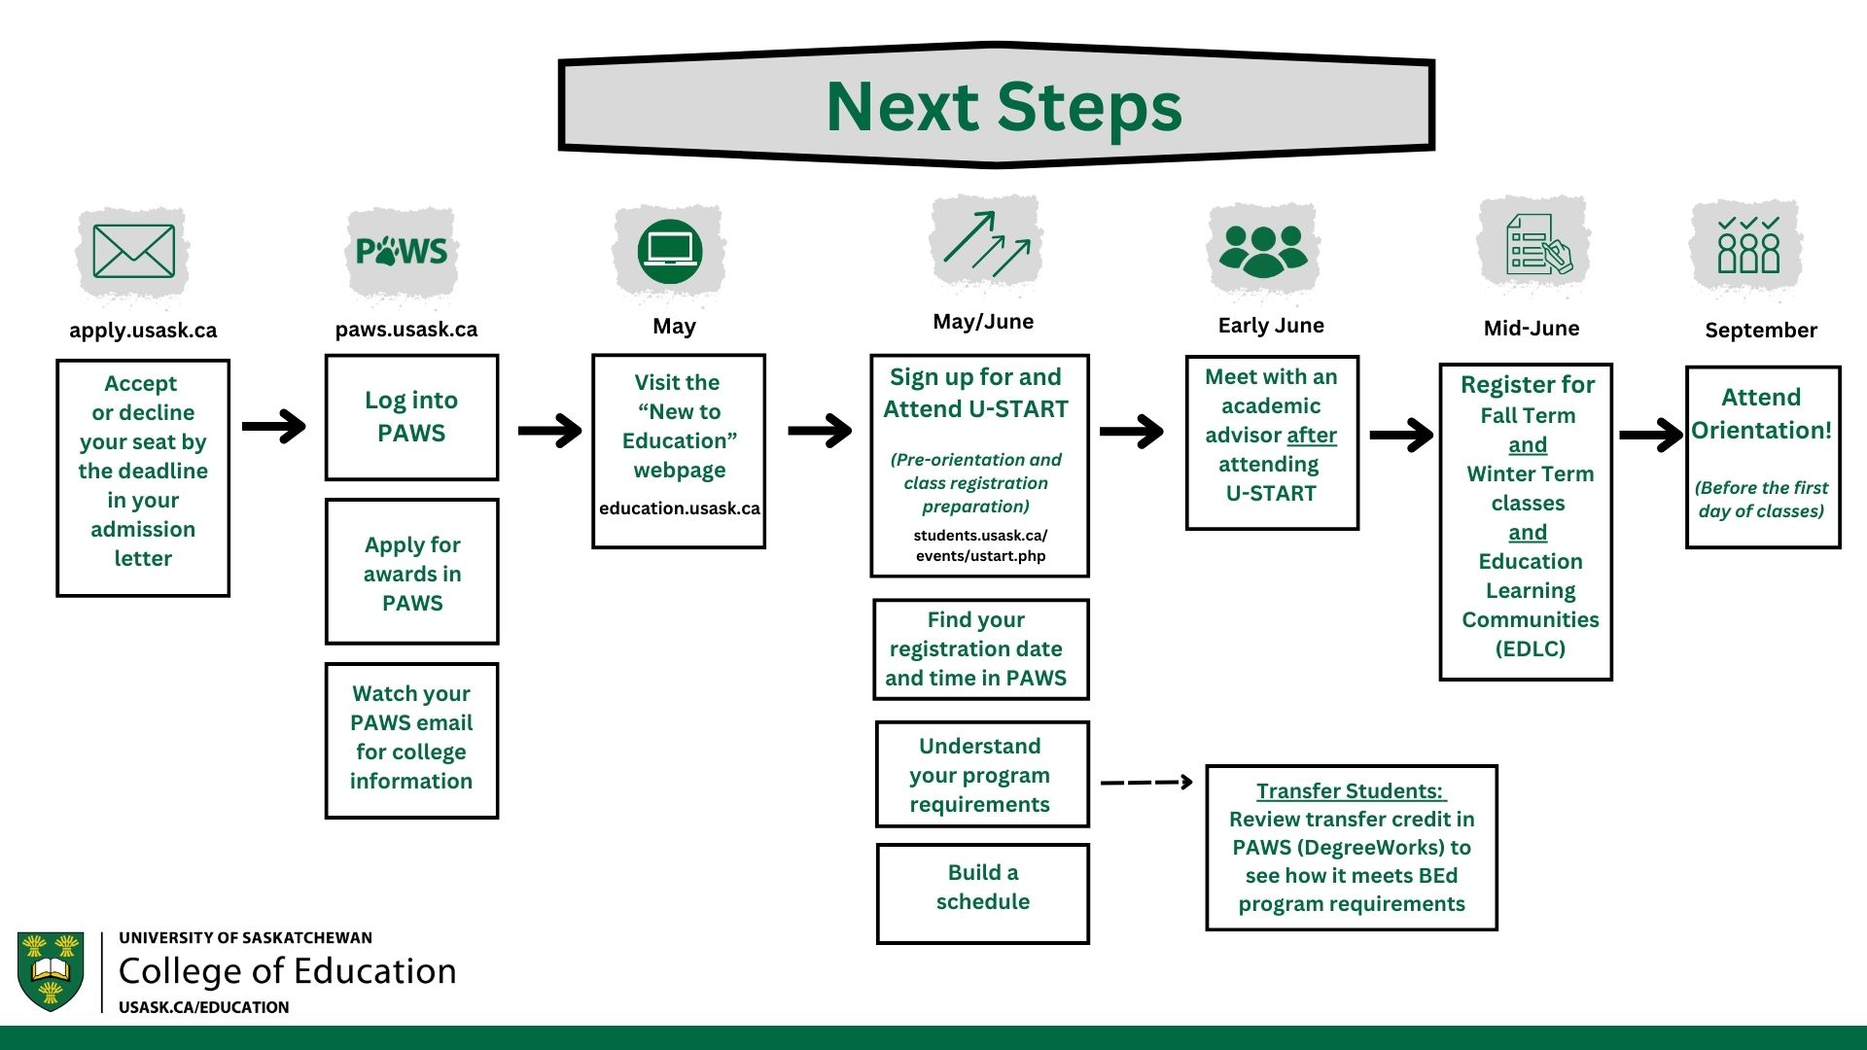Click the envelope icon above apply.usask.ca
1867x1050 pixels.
point(133,251)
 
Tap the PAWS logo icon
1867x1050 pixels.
point(402,251)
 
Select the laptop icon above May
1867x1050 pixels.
point(670,251)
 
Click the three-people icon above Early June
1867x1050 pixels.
point(1263,250)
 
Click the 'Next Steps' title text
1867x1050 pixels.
point(1004,106)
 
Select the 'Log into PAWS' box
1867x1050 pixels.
point(411,417)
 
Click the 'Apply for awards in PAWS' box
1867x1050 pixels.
point(411,572)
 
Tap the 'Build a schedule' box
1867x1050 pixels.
point(982,893)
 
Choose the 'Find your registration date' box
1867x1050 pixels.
point(980,649)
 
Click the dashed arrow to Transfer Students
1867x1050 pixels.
point(1146,782)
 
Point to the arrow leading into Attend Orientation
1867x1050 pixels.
point(1651,435)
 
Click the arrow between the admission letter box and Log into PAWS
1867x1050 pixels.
point(274,426)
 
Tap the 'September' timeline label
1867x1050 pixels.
point(1761,331)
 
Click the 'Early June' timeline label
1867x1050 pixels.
point(1271,326)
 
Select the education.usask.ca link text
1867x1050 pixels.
point(680,508)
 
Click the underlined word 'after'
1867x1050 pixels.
point(1312,435)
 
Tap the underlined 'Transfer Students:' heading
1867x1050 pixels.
point(1351,791)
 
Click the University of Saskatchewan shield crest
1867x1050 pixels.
point(51,971)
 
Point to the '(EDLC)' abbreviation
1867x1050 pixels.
point(1530,648)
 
